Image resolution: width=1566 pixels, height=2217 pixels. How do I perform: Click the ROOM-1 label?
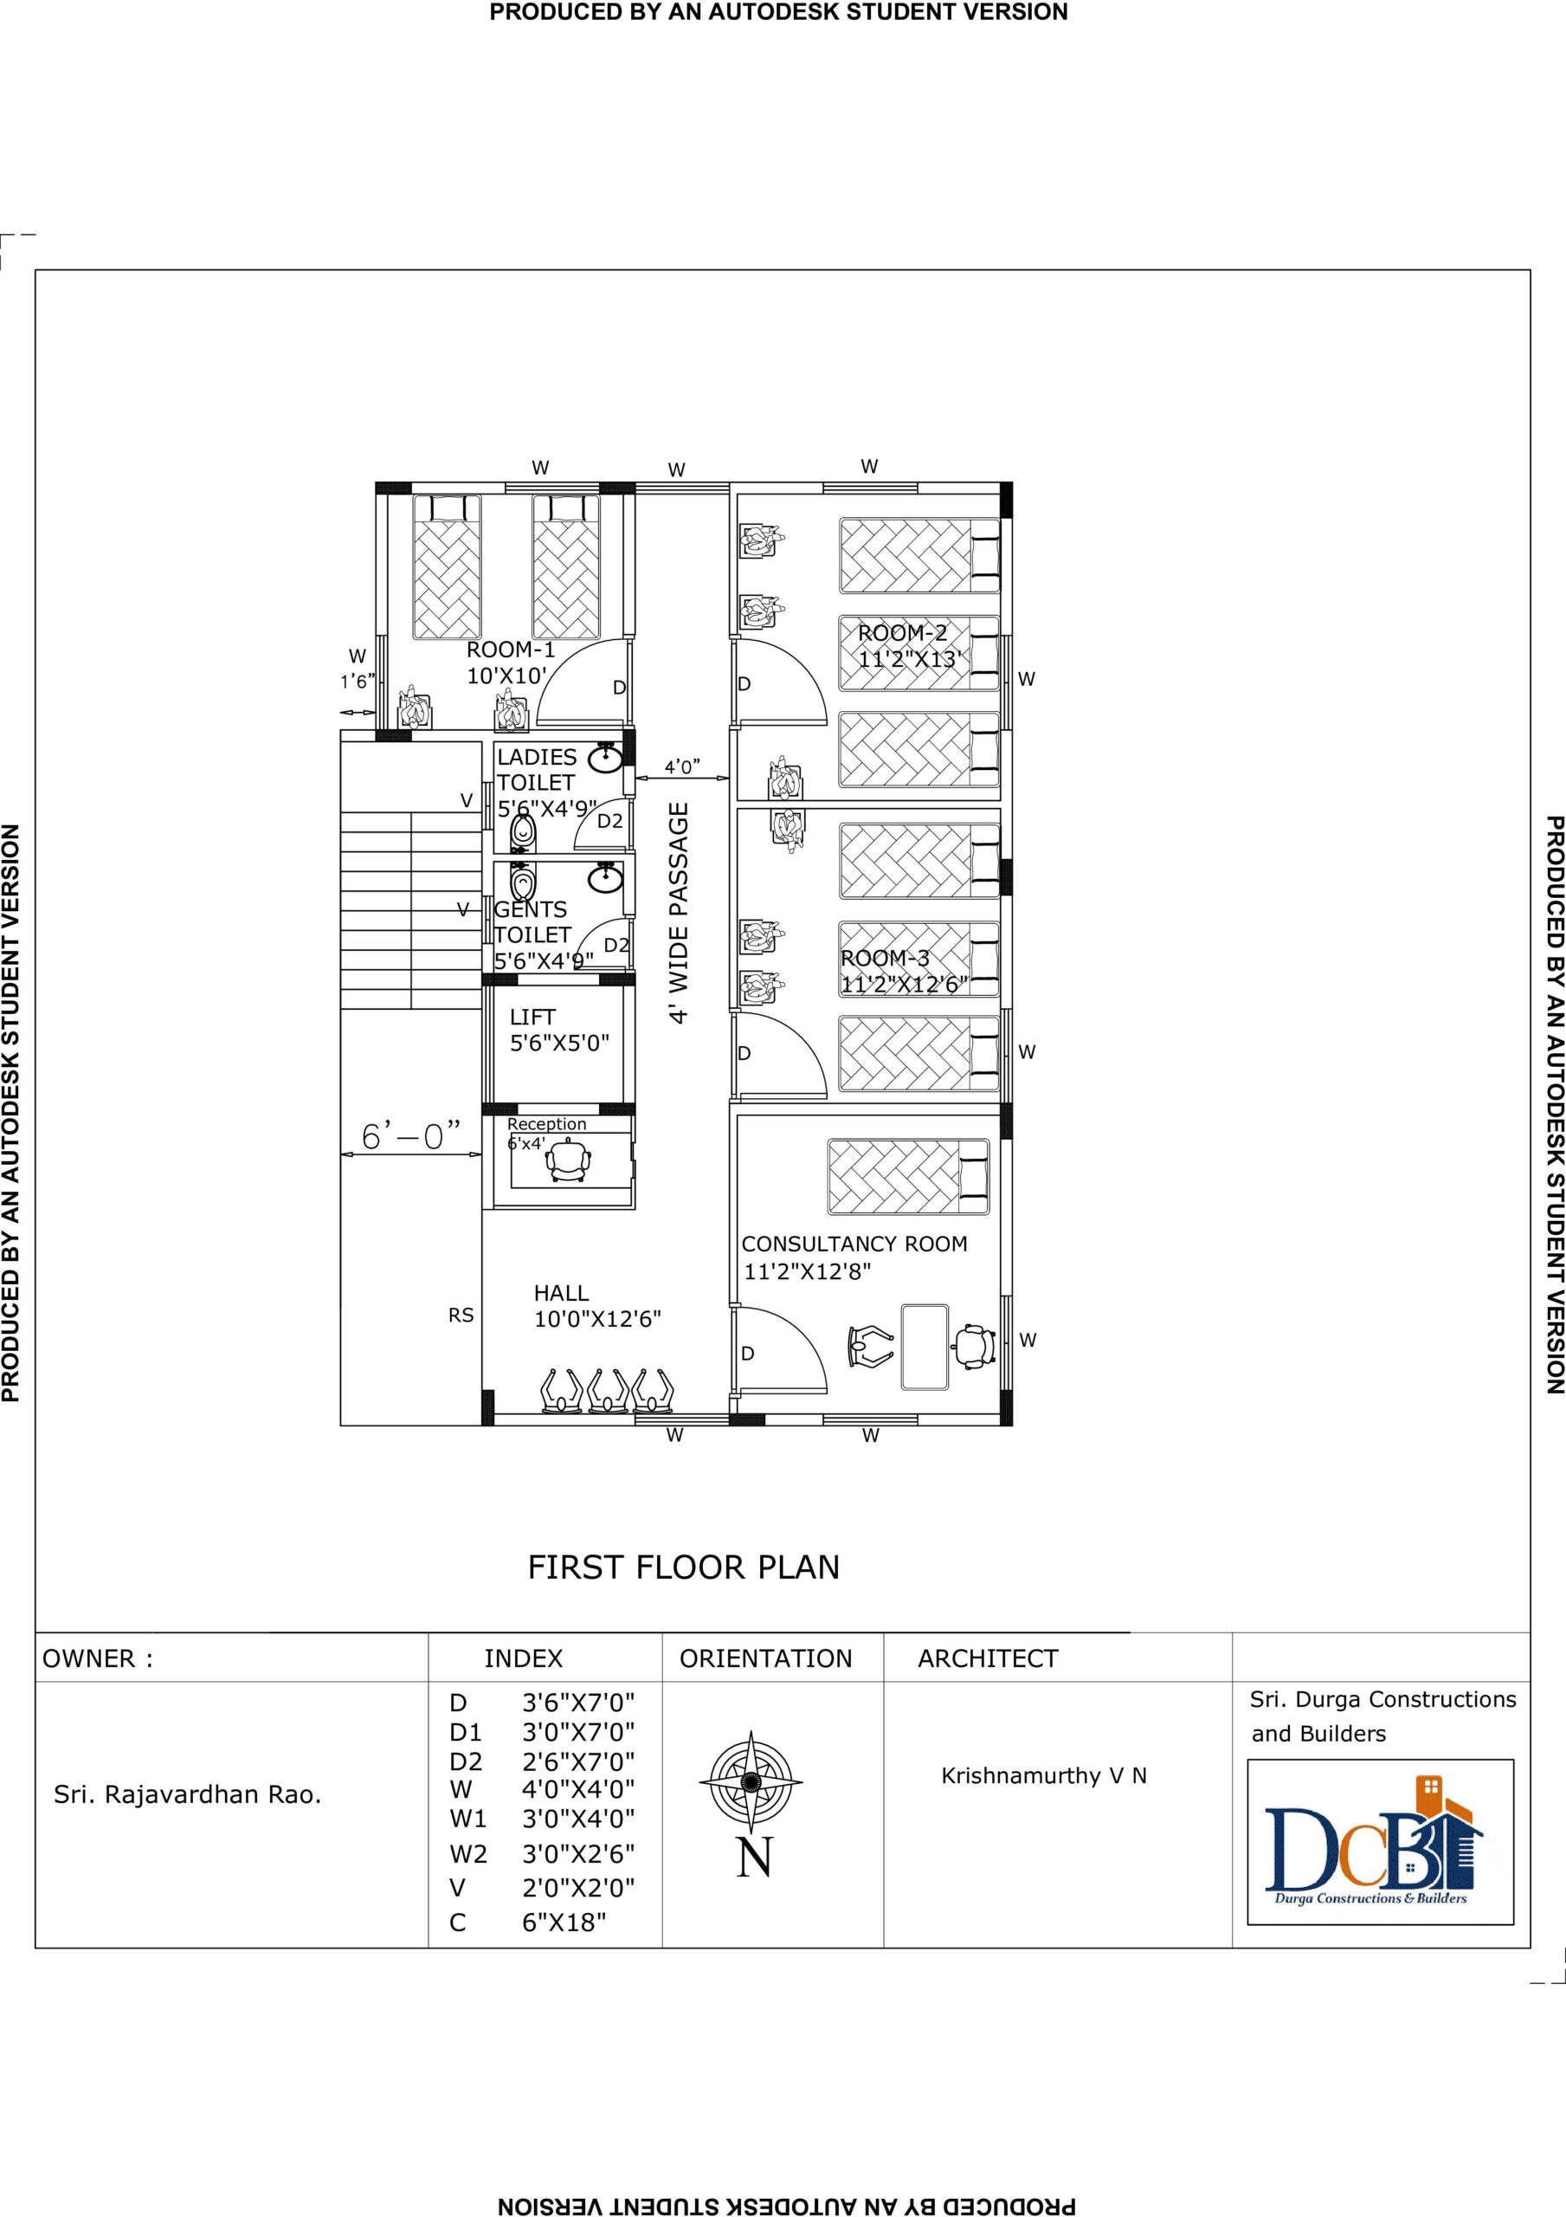(x=511, y=650)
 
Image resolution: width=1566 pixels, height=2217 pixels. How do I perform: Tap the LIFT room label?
(x=533, y=1017)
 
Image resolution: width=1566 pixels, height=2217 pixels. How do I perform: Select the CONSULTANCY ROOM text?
(x=854, y=1244)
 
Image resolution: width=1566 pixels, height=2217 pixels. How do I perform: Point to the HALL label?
(x=561, y=1293)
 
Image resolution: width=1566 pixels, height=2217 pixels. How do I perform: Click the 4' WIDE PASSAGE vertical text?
(x=680, y=913)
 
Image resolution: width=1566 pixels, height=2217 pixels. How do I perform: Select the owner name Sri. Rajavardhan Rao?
(x=187, y=1795)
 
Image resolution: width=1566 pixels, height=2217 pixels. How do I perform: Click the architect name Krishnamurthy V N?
(x=1044, y=1775)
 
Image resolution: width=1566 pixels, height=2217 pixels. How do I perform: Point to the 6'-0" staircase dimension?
(x=411, y=1135)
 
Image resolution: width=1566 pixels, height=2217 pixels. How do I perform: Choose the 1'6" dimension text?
(x=358, y=681)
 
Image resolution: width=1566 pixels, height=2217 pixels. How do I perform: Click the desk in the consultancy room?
(x=925, y=1347)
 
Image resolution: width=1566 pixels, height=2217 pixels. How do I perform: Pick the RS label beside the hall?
(x=461, y=1315)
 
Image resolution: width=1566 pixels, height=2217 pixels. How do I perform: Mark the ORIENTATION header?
(x=765, y=1659)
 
